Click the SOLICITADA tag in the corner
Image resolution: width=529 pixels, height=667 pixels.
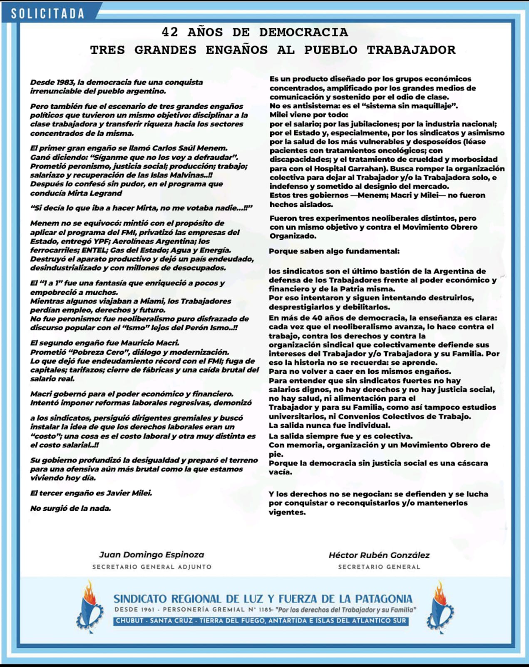coord(47,13)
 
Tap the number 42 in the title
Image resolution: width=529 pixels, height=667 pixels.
coord(169,32)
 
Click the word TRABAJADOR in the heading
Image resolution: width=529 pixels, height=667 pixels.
coord(411,50)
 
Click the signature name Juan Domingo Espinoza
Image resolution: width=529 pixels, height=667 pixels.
coord(151,555)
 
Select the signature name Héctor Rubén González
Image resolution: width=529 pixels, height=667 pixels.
coord(379,555)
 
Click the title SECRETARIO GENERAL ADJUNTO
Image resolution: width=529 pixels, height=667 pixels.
coord(152,567)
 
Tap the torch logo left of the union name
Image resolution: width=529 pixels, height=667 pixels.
coord(89,606)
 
